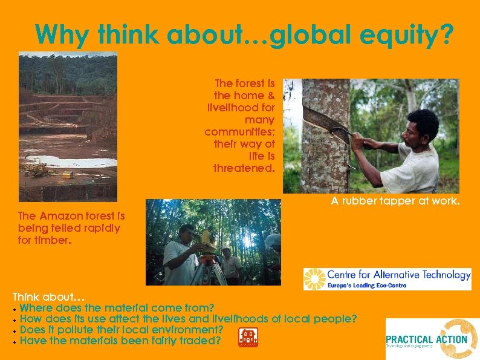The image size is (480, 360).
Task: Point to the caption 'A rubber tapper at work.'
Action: coord(395,201)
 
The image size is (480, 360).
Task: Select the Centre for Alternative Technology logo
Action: coord(387,279)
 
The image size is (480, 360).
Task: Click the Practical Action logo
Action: coord(432,339)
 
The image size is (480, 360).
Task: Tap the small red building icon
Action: coord(248,338)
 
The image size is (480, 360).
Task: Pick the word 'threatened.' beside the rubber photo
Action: coord(244,168)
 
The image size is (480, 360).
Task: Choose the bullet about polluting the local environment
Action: coord(122,330)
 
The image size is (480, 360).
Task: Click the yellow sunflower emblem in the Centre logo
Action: coord(314,279)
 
